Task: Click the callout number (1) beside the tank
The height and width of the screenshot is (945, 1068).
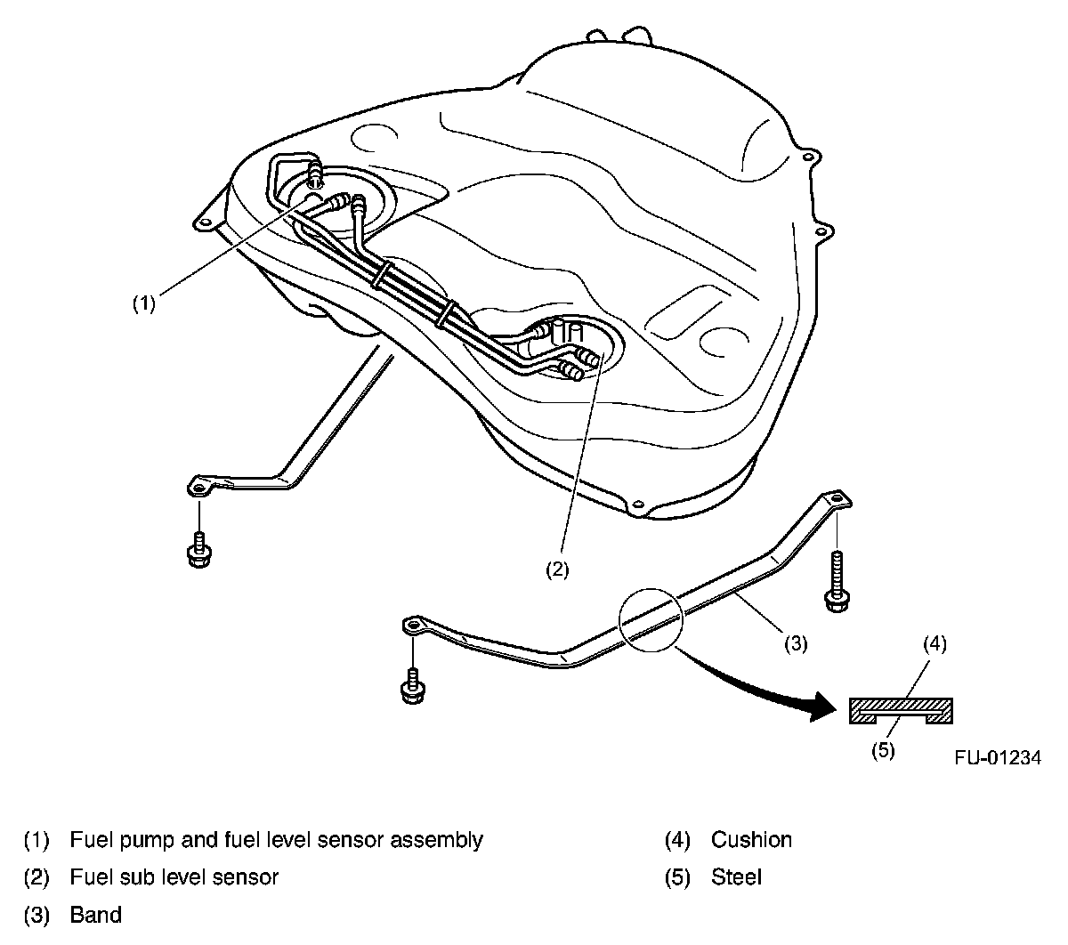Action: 144,303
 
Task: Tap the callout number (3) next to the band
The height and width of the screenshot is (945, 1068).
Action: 795,643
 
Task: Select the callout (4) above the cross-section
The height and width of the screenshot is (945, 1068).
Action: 934,643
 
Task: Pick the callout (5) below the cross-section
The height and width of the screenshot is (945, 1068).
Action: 882,750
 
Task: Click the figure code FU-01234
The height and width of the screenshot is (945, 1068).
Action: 998,758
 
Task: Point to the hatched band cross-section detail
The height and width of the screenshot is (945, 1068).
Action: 902,709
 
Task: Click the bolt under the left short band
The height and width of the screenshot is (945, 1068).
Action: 198,551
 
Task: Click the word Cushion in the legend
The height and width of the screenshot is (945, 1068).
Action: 751,839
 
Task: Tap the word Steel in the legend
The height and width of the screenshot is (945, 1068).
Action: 736,877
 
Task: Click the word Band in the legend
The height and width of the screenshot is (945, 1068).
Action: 95,915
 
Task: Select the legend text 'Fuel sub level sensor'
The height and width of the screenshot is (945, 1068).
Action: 174,877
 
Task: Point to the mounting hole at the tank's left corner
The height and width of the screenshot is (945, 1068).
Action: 206,222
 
